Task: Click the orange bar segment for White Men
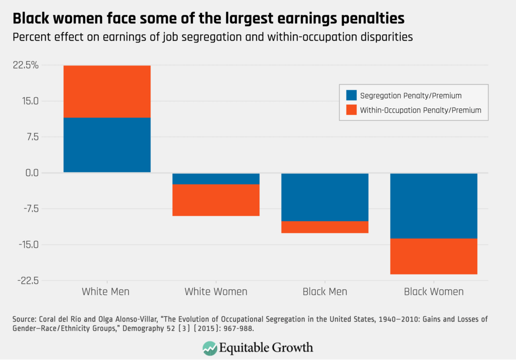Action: tap(107, 91)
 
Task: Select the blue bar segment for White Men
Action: tap(107, 145)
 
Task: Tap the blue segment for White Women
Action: tap(216, 179)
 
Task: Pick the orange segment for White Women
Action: tap(216, 200)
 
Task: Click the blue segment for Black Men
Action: tap(325, 197)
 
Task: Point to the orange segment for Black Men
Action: tap(325, 227)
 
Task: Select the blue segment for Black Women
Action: tap(434, 205)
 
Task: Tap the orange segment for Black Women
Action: tap(434, 256)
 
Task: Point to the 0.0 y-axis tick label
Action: tap(29, 173)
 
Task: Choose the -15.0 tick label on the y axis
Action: tap(27, 244)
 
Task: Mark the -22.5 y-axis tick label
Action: tap(27, 280)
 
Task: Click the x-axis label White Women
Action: tap(216, 292)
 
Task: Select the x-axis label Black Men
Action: tap(325, 292)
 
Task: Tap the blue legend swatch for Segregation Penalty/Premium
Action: tap(351, 95)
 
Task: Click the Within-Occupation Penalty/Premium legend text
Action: tap(420, 110)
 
